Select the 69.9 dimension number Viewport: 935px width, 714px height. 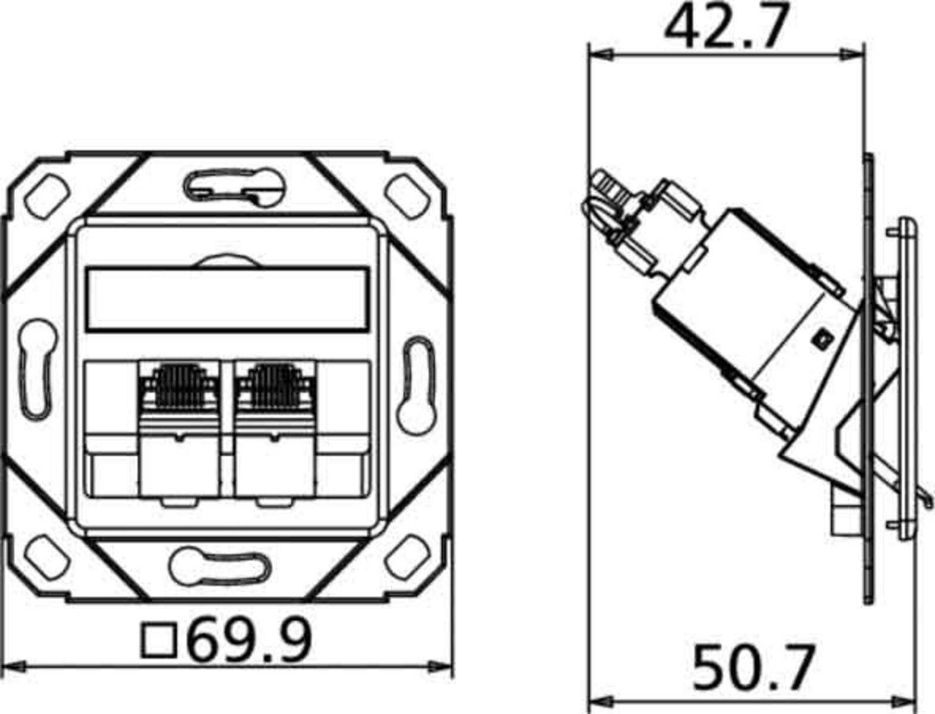coord(250,640)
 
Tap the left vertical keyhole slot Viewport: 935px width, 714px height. coord(39,369)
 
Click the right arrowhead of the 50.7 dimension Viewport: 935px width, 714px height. coord(906,700)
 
